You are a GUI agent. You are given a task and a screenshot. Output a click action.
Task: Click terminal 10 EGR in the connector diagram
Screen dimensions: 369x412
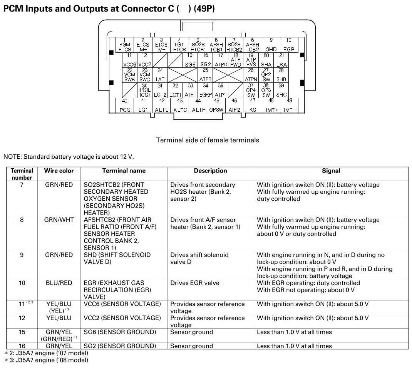(289, 45)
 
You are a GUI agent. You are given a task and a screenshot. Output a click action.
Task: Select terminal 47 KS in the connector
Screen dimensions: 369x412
(253, 105)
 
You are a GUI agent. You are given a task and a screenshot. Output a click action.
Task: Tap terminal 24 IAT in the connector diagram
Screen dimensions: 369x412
(160, 75)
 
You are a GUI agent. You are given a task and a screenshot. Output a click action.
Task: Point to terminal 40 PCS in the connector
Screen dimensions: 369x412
(125, 105)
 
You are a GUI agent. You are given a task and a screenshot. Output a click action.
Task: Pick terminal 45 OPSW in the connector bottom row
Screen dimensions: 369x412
(216, 105)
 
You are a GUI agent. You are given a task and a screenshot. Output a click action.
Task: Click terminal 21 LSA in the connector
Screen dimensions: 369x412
(282, 60)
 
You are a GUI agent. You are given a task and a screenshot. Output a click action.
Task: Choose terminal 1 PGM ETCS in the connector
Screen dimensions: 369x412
(124, 45)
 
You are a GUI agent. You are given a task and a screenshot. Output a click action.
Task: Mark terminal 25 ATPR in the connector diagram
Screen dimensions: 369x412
(206, 75)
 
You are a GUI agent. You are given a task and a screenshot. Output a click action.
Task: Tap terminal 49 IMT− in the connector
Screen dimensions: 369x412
(290, 105)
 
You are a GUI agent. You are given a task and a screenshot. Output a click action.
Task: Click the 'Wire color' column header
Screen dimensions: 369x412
(59, 171)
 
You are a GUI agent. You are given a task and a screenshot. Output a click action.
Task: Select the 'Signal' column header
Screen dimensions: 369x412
(331, 171)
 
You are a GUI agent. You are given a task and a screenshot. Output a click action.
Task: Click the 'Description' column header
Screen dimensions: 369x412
(210, 171)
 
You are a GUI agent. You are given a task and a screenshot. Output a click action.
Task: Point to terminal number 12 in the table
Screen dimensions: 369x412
(22, 318)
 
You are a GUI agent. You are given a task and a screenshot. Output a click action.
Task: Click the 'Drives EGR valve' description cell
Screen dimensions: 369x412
(195, 283)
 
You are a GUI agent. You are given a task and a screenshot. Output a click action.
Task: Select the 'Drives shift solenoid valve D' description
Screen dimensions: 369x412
(199, 258)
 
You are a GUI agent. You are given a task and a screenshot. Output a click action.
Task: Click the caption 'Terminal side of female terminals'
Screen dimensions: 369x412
(208, 140)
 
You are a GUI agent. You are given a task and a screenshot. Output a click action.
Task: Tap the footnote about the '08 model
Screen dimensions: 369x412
(47, 360)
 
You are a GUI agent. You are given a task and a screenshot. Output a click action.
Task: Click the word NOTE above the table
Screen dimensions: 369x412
(12, 156)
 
